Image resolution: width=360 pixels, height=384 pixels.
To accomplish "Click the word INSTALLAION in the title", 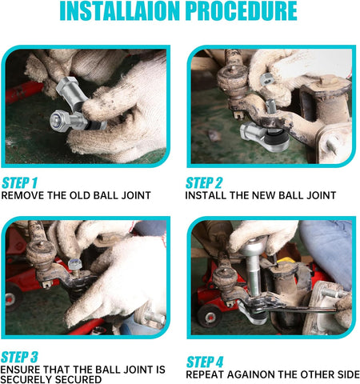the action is pos(120,11).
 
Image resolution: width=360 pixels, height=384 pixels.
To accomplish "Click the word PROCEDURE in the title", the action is pos(242,11).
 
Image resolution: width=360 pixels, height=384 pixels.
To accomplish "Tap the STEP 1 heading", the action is pos(19,183).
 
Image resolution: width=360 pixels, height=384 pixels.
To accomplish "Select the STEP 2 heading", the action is pos(204,183).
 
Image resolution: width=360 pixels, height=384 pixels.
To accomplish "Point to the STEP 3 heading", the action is pos(19,357).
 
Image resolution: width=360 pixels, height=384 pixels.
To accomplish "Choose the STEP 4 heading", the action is pos(205,362).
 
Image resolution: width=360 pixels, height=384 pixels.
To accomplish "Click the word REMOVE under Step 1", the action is pos(22,195).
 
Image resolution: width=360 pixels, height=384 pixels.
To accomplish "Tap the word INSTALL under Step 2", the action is pos(206,195).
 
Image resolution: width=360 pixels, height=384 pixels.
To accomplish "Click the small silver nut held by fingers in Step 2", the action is pos(266,79).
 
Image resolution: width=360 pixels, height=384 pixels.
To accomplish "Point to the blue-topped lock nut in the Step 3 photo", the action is pos(74,264).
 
